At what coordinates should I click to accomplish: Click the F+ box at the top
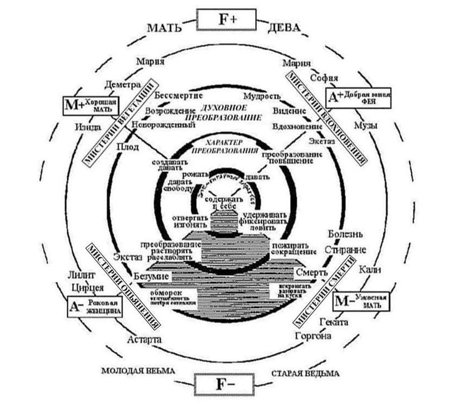tap(226, 21)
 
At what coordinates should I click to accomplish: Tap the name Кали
tap(370, 270)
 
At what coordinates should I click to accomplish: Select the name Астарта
tap(144, 339)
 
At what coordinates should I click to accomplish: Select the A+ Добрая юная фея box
tap(359, 97)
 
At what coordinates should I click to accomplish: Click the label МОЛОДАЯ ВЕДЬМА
tap(138, 371)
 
